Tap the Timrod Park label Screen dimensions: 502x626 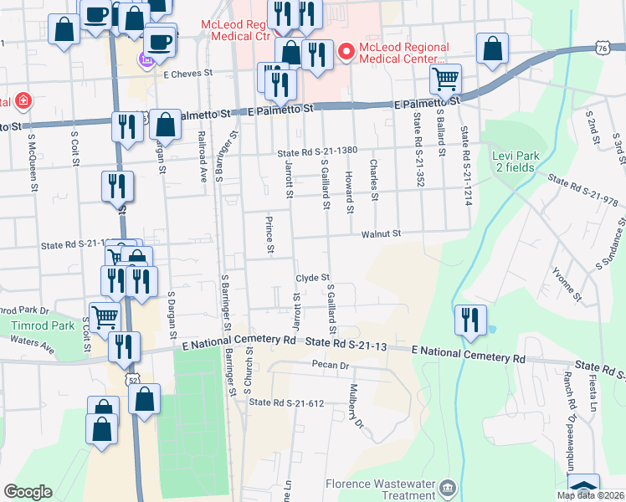(x=31, y=325)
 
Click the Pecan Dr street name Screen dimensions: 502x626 (x=331, y=366)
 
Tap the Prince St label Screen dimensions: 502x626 (x=269, y=235)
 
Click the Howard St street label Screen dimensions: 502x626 (x=348, y=190)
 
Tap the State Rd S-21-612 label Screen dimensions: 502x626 (x=286, y=403)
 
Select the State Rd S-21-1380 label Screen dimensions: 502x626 (x=318, y=151)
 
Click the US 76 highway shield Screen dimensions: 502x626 (x=603, y=49)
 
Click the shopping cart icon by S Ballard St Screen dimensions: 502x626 (x=446, y=80)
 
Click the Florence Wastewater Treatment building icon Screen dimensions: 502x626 (x=448, y=488)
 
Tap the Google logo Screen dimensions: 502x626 (x=28, y=492)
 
